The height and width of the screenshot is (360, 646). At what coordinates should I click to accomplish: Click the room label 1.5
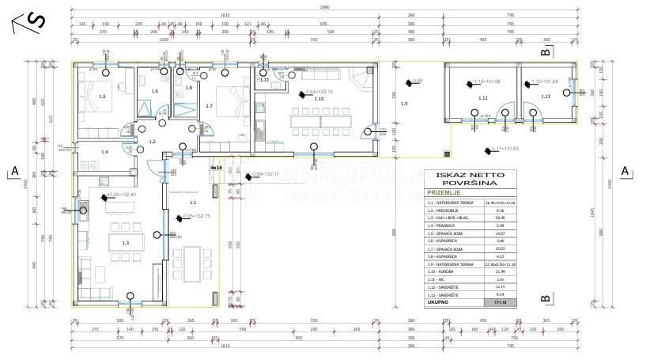[x=101, y=97]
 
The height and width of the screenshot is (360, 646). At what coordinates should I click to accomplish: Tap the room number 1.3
[x=125, y=243]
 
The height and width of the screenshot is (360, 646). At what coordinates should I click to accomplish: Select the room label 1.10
[x=319, y=100]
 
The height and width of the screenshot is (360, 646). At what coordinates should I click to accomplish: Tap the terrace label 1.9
[x=404, y=104]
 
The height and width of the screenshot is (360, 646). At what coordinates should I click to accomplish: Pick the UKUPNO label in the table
[x=439, y=302]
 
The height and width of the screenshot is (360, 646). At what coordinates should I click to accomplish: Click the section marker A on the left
[x=14, y=171]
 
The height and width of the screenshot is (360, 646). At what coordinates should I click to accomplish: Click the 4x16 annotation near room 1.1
[x=216, y=168]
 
